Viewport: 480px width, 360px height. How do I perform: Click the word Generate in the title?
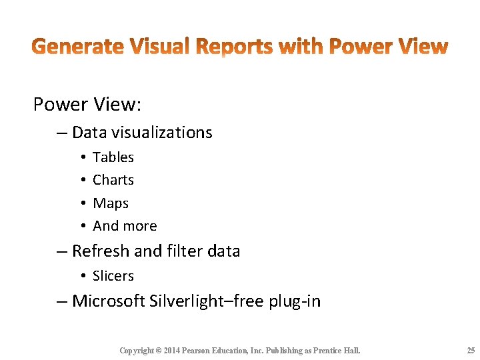point(77,47)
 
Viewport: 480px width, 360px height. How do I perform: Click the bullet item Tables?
point(113,157)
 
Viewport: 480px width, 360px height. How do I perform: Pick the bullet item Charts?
point(113,180)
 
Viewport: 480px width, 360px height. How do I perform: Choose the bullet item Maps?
point(111,203)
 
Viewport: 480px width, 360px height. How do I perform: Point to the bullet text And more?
point(125,226)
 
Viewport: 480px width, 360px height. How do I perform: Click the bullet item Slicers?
point(113,276)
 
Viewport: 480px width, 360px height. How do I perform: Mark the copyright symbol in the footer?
point(159,351)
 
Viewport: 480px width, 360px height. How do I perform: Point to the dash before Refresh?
point(61,251)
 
